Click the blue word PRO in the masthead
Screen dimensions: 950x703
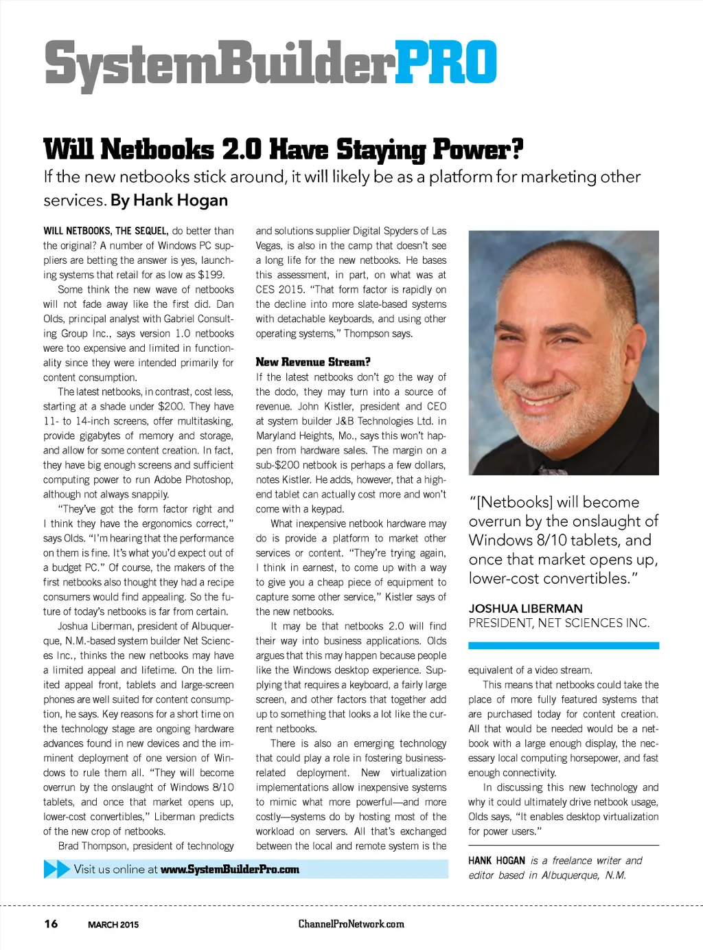tap(446, 63)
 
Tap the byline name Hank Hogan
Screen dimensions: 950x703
tap(180, 201)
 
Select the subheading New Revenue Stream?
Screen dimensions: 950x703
tap(313, 362)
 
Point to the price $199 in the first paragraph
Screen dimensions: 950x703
tap(211, 275)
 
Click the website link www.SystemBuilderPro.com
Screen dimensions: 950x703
tap(230, 870)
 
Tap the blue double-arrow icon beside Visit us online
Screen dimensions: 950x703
tap(56, 869)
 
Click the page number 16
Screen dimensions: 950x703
tap(51, 924)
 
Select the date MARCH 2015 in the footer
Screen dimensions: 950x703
tap(113, 925)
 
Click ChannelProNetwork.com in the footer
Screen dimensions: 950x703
tap(351, 924)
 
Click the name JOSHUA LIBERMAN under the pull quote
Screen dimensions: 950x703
tap(525, 609)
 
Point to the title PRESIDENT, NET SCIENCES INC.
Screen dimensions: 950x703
tap(559, 623)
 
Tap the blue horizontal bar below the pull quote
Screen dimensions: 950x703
tap(563, 646)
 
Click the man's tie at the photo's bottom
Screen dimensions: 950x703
tap(553, 471)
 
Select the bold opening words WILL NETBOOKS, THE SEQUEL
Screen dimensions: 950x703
tap(106, 231)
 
